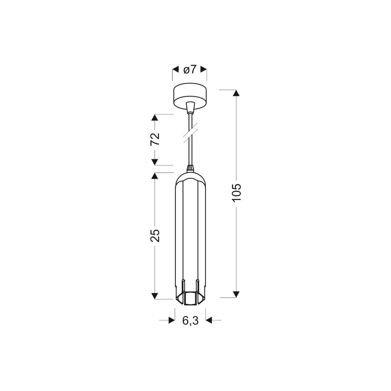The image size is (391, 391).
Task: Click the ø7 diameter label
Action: (189, 69)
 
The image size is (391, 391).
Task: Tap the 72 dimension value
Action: (156, 139)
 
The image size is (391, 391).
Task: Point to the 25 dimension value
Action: (156, 235)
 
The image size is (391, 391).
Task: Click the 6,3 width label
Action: (190, 321)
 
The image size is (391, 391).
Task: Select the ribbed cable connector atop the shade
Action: (190, 168)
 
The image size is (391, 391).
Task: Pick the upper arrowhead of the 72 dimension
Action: (155, 118)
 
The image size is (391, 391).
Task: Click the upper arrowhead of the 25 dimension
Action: (155, 176)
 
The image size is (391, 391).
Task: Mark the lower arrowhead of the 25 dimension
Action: (155, 295)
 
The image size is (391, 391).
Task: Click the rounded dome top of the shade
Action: (190, 177)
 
